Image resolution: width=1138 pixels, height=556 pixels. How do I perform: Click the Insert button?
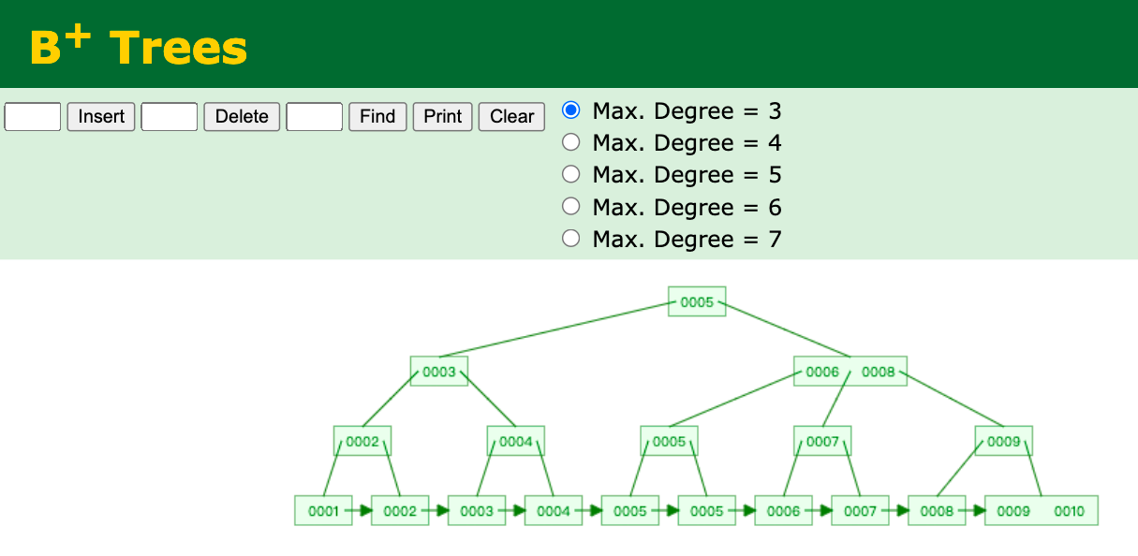101,117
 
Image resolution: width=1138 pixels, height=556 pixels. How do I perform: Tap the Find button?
377,117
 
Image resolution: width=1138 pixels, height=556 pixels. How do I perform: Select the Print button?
442,117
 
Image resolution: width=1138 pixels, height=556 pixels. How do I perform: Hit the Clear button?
511,117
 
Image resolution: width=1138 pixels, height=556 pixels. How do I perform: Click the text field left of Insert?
33,117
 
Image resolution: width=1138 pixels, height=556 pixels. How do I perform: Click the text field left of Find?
315,117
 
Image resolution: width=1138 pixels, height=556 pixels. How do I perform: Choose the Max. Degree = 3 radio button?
571,110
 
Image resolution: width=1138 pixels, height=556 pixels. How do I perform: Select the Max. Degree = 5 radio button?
571,174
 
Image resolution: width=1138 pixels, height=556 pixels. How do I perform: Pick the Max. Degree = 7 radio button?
571,238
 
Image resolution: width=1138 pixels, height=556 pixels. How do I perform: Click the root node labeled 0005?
697,301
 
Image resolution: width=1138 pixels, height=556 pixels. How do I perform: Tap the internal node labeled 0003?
439,372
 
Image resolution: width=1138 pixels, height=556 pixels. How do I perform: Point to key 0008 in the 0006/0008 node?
878,372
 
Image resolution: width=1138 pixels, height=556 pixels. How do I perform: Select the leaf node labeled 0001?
323,510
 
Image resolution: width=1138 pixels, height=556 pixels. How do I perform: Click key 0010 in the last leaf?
1069,511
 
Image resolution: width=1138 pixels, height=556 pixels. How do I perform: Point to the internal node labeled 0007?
822,441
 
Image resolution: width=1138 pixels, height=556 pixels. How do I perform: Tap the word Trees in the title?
178,48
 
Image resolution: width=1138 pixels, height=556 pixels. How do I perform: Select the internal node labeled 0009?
1004,441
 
